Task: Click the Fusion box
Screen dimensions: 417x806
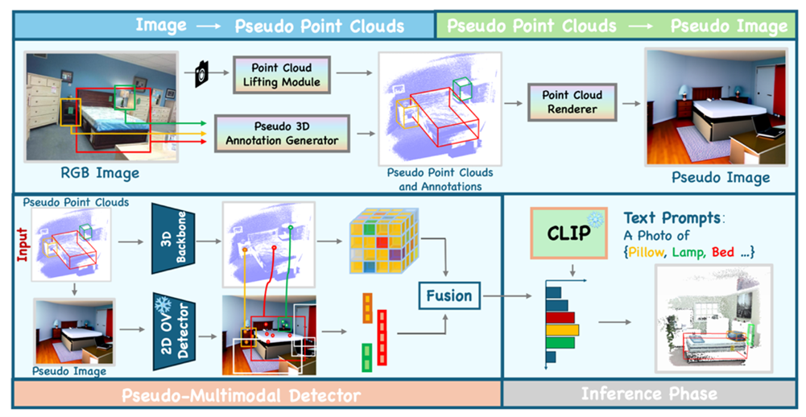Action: (450, 295)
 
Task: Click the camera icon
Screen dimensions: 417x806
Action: (202, 74)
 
